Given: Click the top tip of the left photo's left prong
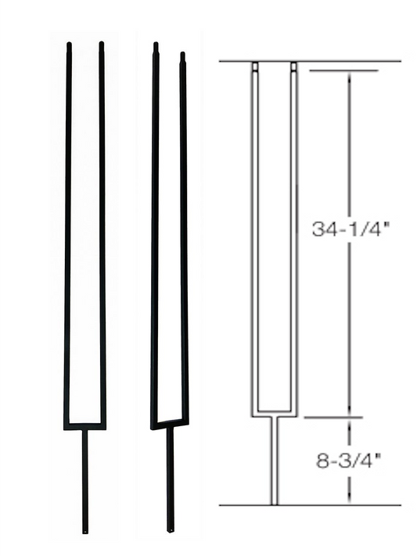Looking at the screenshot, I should [69, 45].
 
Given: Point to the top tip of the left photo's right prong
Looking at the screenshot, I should [102, 45].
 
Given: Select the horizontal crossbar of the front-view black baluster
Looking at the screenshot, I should [84, 426].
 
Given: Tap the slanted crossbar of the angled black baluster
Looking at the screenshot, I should [170, 424].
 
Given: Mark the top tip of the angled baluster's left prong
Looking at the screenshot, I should [155, 45].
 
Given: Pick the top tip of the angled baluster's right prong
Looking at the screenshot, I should [183, 55].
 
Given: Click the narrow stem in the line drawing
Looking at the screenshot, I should [274, 461].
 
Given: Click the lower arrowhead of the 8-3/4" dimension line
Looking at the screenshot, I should [349, 500].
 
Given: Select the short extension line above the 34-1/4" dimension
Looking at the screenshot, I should [344, 71].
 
